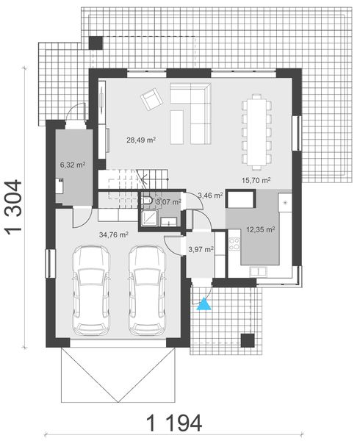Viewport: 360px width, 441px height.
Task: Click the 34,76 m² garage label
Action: click(114, 234)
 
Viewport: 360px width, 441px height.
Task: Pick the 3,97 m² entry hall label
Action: click(201, 249)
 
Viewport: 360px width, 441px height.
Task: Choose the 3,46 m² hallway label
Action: click(211, 196)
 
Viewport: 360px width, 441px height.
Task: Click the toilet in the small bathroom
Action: click(148, 200)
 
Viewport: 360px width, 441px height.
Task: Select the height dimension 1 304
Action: click(17, 207)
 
